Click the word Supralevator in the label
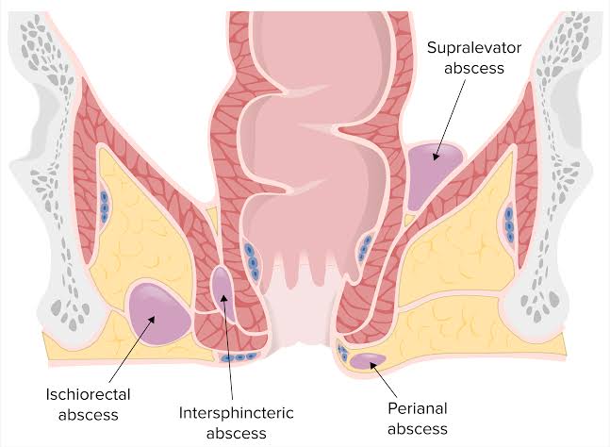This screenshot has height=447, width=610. coord(474,48)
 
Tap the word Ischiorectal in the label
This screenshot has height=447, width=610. coord(88,394)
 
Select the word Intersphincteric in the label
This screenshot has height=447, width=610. coord(236,413)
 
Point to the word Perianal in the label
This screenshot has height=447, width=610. coord(418,408)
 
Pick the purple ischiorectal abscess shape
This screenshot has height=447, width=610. coord(158,314)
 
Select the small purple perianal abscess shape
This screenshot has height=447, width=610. coord(367,360)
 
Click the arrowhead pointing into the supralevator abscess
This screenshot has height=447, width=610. coord(436,156)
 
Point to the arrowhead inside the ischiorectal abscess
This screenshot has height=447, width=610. coord(151,320)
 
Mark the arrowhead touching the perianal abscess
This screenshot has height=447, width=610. coord(372,365)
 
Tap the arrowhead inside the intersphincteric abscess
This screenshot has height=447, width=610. coord(223,298)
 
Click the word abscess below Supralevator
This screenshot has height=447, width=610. coord(474,69)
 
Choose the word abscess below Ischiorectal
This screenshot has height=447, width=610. coord(88,415)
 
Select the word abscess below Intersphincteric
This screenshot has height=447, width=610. coord(236,434)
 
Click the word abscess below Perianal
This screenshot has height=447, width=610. coord(418,429)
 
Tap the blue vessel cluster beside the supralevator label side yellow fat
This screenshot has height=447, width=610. coord(509,224)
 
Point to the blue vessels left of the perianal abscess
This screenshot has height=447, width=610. coord(343,353)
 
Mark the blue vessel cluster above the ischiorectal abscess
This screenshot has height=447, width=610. coord(104,207)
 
